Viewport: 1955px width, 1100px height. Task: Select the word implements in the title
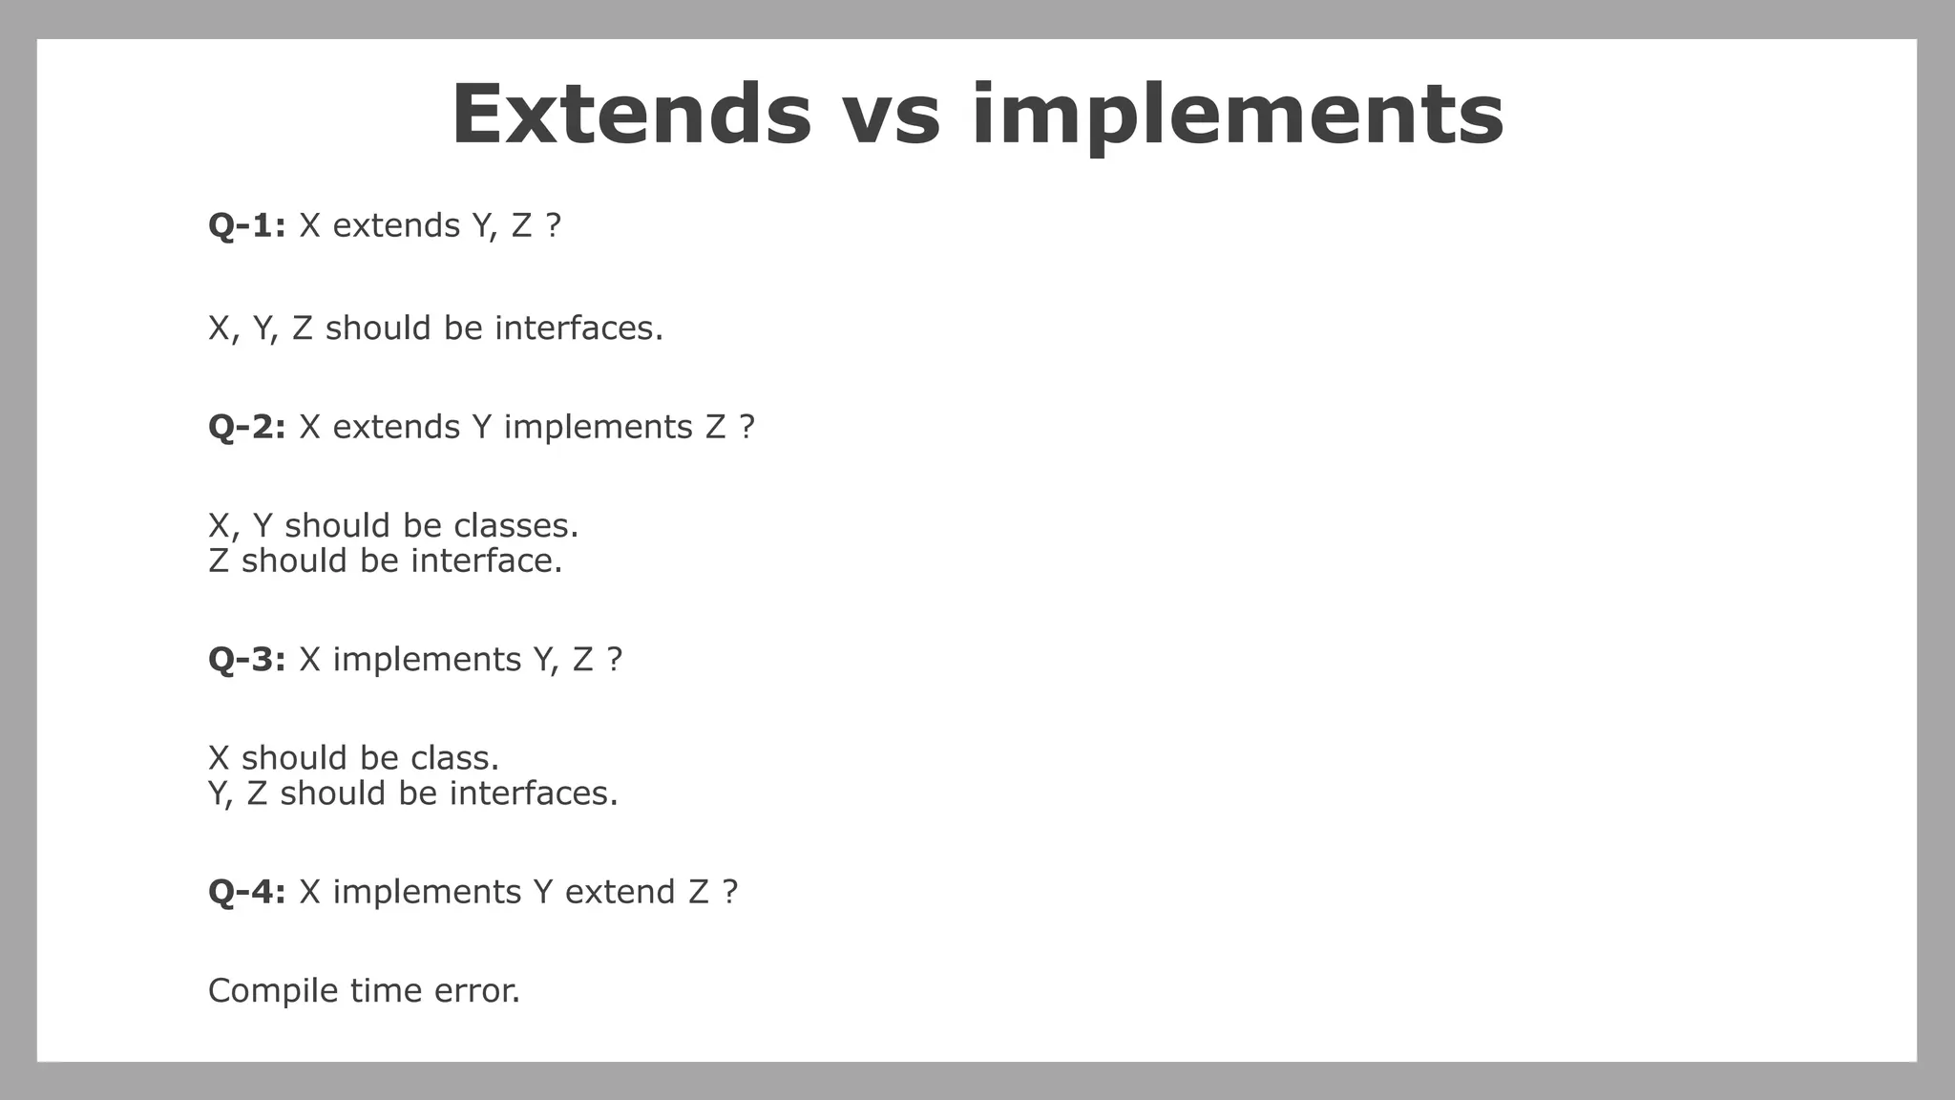pyautogui.click(x=1237, y=116)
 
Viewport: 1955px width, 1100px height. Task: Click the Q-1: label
pyautogui.click(x=247, y=226)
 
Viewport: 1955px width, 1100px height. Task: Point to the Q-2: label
pyautogui.click(x=247, y=427)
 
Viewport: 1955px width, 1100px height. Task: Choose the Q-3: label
pyautogui.click(x=247, y=660)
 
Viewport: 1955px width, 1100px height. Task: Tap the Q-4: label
pyautogui.click(x=247, y=892)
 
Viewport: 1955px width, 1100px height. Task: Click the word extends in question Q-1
pyautogui.click(x=396, y=226)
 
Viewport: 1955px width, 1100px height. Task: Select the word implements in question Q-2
pyautogui.click(x=599, y=427)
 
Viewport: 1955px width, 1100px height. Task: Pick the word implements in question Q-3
pyautogui.click(x=427, y=660)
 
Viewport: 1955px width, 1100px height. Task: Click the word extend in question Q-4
pyautogui.click(x=620, y=892)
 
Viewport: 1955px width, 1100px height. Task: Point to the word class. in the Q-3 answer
pyautogui.click(x=454, y=758)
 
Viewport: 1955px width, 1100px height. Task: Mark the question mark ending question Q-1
pyautogui.click(x=553, y=226)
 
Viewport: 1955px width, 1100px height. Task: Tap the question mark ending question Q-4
pyautogui.click(x=730, y=892)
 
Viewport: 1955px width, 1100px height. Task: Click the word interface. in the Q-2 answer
pyautogui.click(x=486, y=561)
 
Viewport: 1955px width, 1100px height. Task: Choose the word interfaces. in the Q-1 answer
pyautogui.click(x=578, y=328)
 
